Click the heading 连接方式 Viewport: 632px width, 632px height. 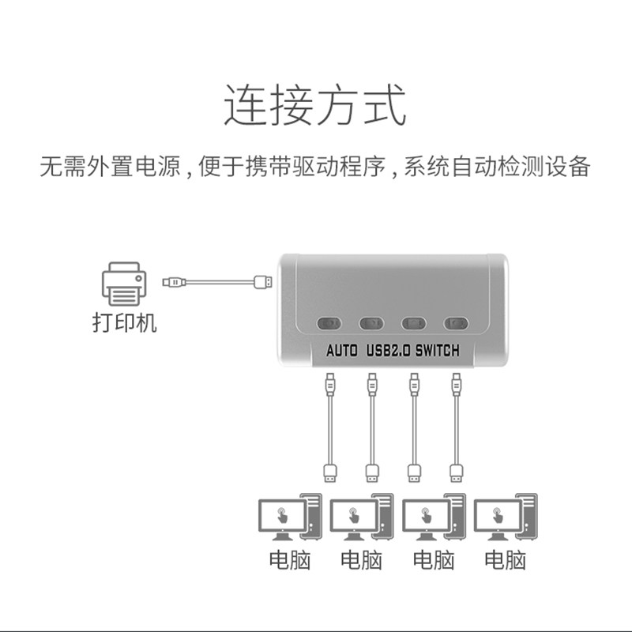pyautogui.click(x=315, y=107)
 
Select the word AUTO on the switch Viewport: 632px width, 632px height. pyautogui.click(x=343, y=352)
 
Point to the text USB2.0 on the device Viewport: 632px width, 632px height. pyautogui.click(x=388, y=352)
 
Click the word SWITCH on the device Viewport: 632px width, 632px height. pyautogui.click(x=436, y=352)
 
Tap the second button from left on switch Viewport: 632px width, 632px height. pyautogui.click(x=371, y=323)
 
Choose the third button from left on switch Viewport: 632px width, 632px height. pyautogui.click(x=413, y=323)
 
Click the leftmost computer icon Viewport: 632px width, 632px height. pyautogui.click(x=290, y=518)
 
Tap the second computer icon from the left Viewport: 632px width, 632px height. pyautogui.click(x=361, y=518)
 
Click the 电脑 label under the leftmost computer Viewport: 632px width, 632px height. pyautogui.click(x=290, y=560)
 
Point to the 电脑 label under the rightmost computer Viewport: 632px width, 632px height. pyautogui.click(x=505, y=560)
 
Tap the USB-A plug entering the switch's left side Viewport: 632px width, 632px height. pyautogui.click(x=264, y=281)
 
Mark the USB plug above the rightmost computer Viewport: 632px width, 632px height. pyautogui.click(x=456, y=472)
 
